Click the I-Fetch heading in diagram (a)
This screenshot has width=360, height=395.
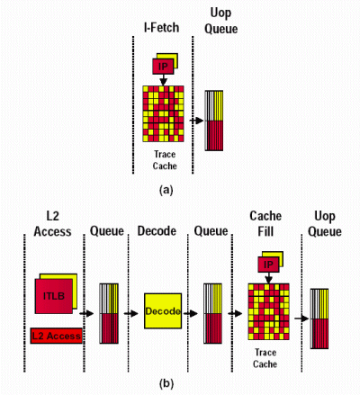162,28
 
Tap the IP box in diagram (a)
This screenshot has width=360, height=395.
163,67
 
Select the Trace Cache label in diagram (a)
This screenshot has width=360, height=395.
165,160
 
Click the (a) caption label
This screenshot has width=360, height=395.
166,190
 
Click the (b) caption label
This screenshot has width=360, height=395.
166,383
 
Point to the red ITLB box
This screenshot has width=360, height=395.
54,296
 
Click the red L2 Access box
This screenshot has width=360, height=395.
56,336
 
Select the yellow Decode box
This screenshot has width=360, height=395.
163,311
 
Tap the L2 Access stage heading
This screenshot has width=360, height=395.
52,224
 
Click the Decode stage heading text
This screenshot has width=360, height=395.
157,231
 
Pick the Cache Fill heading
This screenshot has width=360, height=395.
265,224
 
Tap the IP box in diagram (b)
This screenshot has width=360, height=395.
268,265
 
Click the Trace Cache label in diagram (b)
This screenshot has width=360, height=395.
265,358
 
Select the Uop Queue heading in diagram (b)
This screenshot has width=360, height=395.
325,224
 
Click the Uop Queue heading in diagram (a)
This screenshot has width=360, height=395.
220,22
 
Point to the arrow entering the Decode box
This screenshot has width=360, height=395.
131,314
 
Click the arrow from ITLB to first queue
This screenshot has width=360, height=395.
86,314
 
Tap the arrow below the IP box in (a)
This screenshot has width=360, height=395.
163,80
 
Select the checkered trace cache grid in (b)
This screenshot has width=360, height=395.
268,311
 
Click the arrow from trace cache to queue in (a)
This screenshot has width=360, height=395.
196,121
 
